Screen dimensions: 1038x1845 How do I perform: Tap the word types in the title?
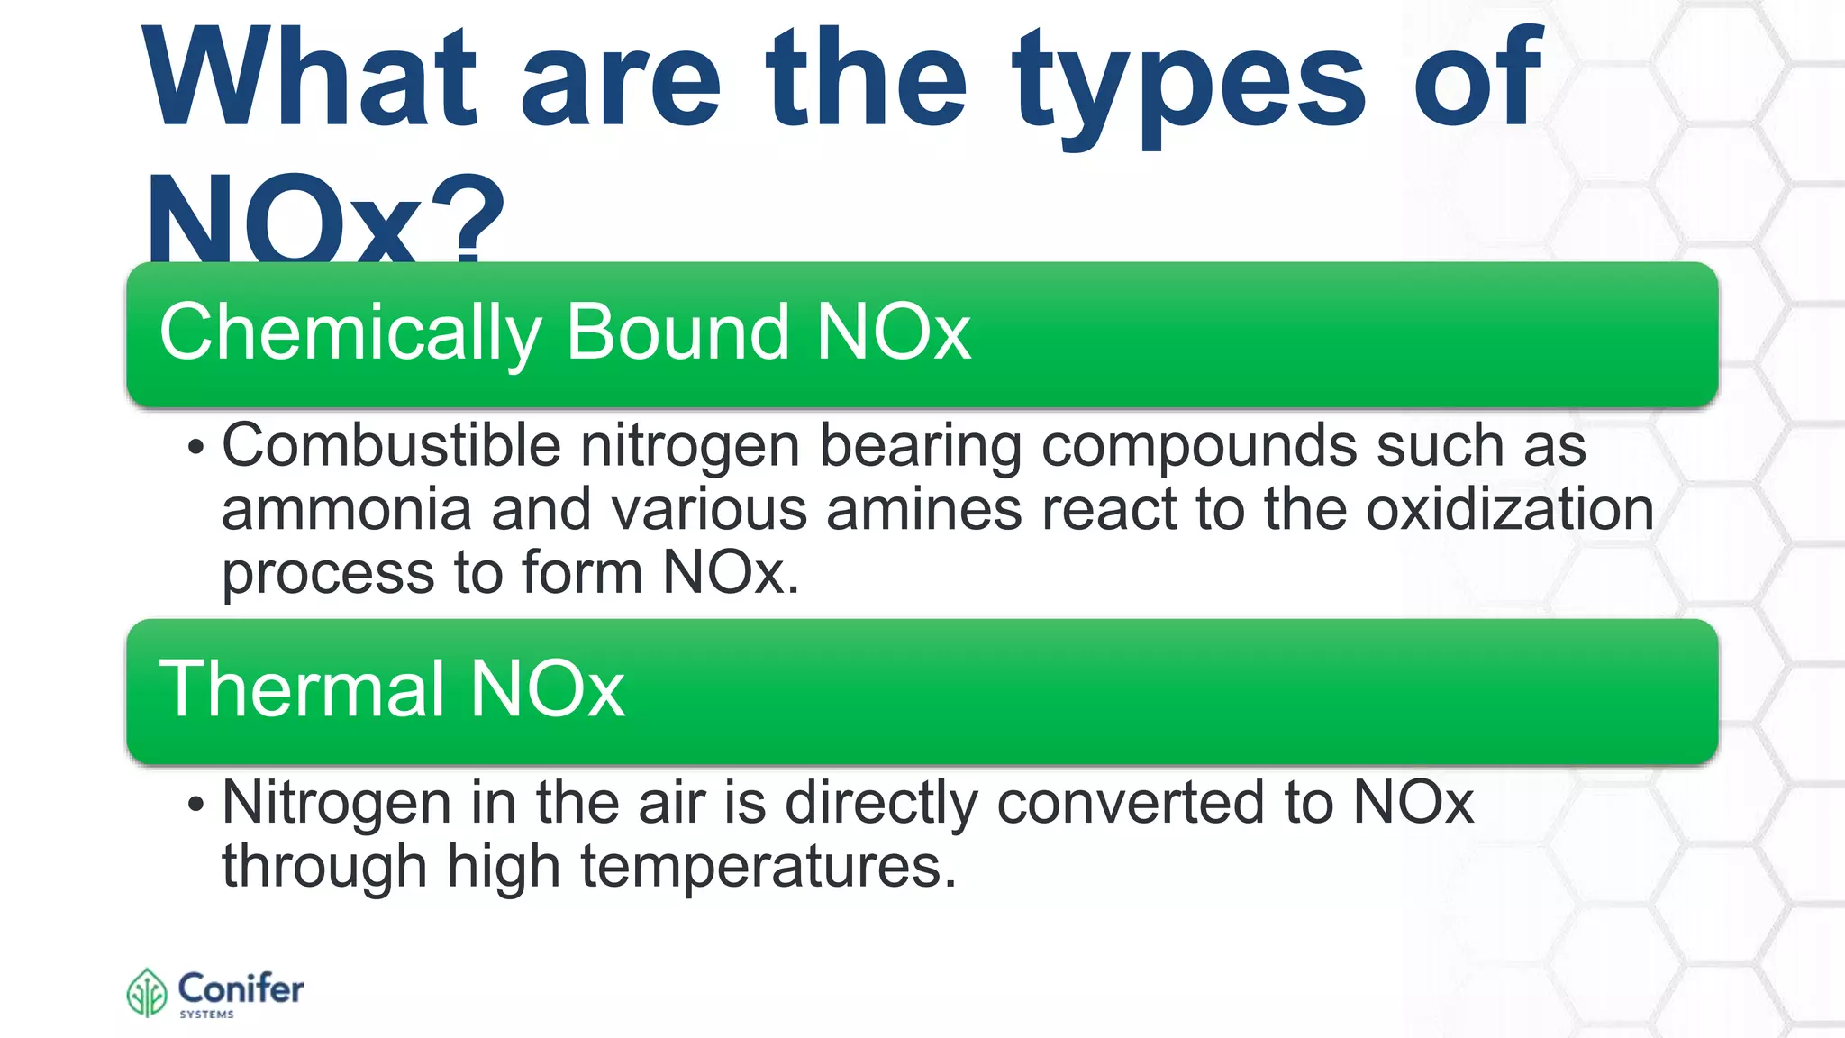point(1189,86)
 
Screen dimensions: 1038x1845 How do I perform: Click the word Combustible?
point(391,445)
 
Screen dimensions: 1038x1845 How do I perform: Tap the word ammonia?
point(346,510)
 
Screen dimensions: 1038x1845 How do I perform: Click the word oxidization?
point(1510,510)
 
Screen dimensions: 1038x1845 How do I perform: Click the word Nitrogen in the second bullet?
point(335,802)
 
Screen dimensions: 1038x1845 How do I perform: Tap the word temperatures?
point(768,867)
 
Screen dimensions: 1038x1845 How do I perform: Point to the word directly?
point(880,804)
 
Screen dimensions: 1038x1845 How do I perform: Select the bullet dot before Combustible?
point(196,448)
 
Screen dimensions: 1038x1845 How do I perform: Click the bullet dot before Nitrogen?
point(196,805)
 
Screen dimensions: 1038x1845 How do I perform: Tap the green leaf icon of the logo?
point(147,993)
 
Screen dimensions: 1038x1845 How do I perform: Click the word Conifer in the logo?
point(241,988)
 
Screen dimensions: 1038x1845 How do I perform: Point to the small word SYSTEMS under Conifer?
point(206,1015)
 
